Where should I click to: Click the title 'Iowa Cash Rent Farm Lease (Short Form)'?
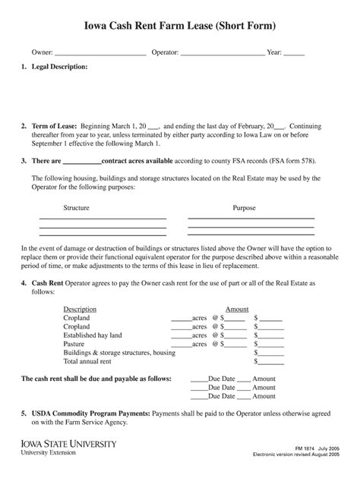[x=179, y=27]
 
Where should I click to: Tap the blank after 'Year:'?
[x=294, y=53]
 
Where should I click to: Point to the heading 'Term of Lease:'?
[x=53, y=126]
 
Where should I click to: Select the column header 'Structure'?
[x=77, y=208]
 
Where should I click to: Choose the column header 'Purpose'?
[x=244, y=208]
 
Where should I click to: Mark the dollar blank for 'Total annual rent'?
[x=272, y=363]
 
